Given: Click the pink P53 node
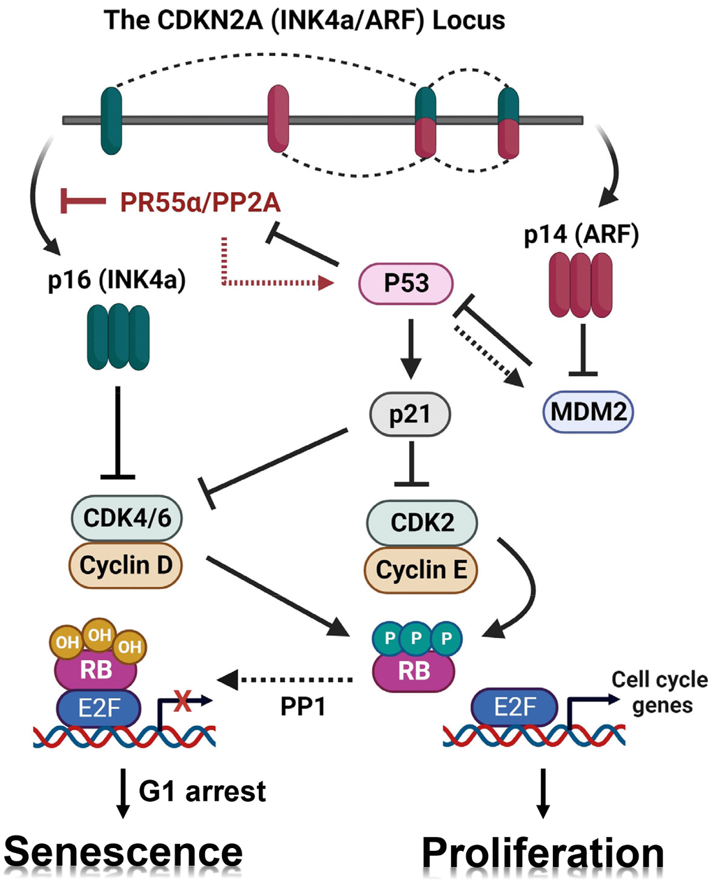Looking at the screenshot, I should [406, 284].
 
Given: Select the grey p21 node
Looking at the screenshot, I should [410, 415].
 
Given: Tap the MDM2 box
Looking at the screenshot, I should [588, 411].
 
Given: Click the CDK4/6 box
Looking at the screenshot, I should [127, 518].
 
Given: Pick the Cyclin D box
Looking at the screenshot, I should [126, 564].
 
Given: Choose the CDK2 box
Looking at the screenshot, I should [422, 523].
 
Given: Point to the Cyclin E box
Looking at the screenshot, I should [422, 569].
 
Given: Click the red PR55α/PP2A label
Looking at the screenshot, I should [200, 203].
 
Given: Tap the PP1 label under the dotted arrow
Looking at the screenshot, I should [303, 707].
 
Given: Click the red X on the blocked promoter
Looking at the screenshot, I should [183, 702].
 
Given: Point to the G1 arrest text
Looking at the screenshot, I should [202, 791].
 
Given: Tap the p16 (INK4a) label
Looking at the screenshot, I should [117, 281].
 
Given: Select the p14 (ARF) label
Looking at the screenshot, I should [581, 235].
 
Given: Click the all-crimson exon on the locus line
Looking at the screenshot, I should [278, 119].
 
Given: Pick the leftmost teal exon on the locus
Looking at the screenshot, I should [111, 119].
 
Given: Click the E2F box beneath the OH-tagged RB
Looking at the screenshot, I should [99, 708].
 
